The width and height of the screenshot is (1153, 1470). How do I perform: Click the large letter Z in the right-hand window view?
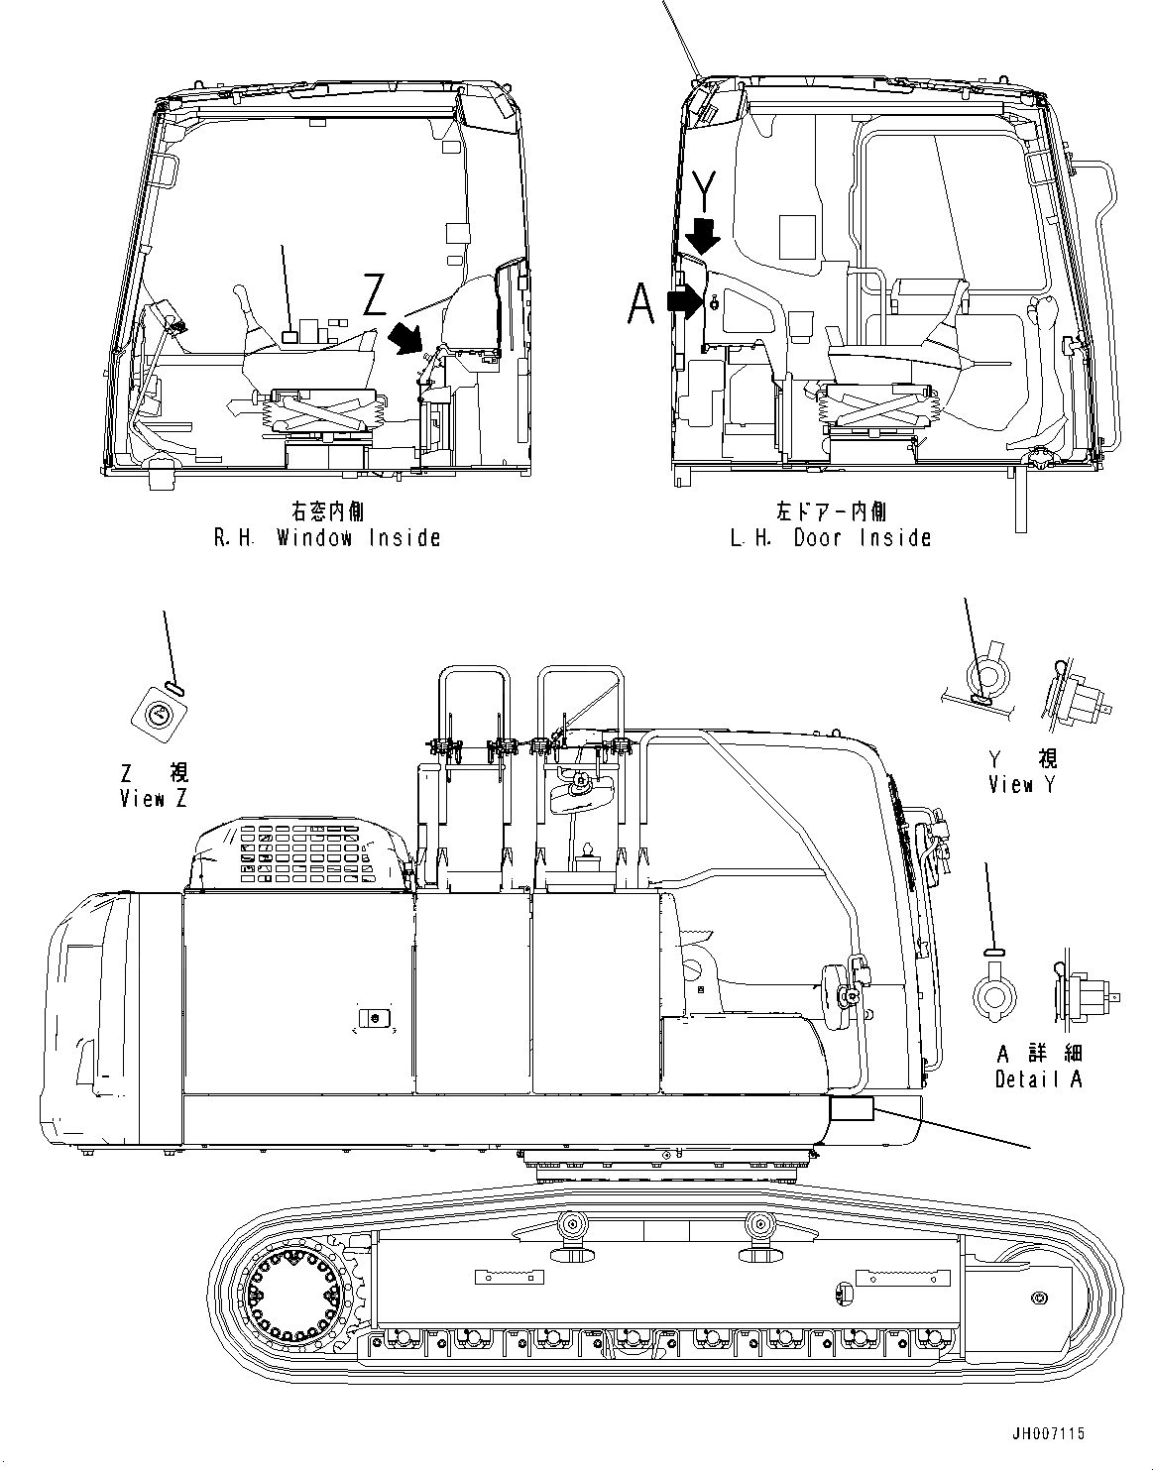tap(374, 295)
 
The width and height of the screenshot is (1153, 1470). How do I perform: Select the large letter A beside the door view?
tap(641, 303)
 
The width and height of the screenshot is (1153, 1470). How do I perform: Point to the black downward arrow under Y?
tap(704, 236)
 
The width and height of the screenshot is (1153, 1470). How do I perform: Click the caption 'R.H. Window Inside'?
tap(327, 538)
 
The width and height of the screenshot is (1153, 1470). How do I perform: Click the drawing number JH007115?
tap(1050, 1433)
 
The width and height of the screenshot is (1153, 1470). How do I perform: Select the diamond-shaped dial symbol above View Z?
tap(158, 714)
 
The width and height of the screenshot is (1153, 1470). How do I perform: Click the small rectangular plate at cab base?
tap(851, 1109)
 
